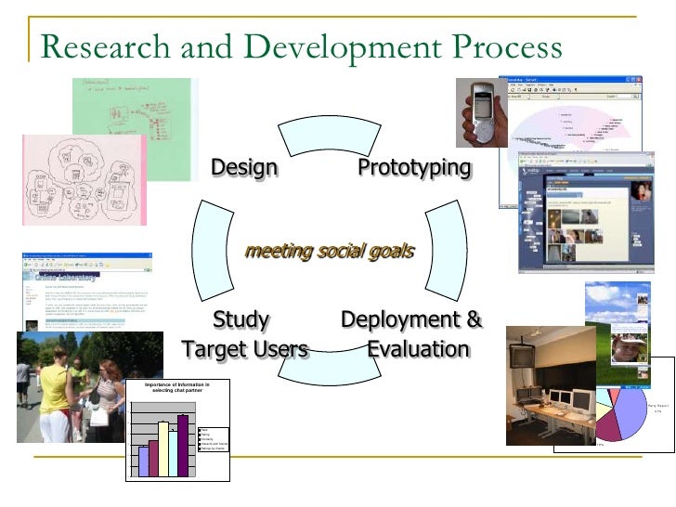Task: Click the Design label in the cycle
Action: click(244, 168)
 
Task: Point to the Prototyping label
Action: click(415, 168)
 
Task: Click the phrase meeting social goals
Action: click(329, 252)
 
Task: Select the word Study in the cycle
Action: click(241, 320)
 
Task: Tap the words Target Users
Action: click(245, 350)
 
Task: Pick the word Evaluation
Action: click(419, 350)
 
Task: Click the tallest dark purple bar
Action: click(183, 446)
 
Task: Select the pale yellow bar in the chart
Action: click(162, 449)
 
